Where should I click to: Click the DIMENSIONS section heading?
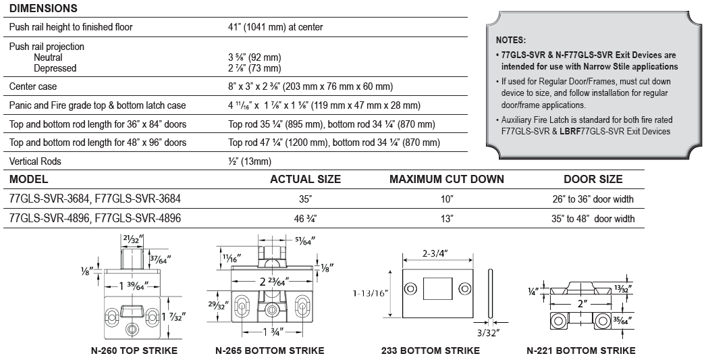point(43,8)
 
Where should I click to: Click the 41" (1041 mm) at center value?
point(275,27)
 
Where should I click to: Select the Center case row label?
point(33,86)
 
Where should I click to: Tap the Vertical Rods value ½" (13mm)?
point(250,161)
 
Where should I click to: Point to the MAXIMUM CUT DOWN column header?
point(447,179)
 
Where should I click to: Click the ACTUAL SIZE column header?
point(305,179)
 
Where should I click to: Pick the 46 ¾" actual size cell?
point(304,219)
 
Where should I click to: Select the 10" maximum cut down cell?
point(447,199)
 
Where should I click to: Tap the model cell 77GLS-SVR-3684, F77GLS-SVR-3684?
point(95,199)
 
